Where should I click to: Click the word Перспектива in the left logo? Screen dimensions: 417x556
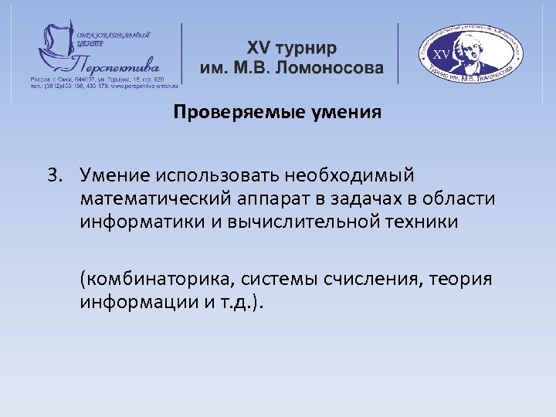click(116, 61)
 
